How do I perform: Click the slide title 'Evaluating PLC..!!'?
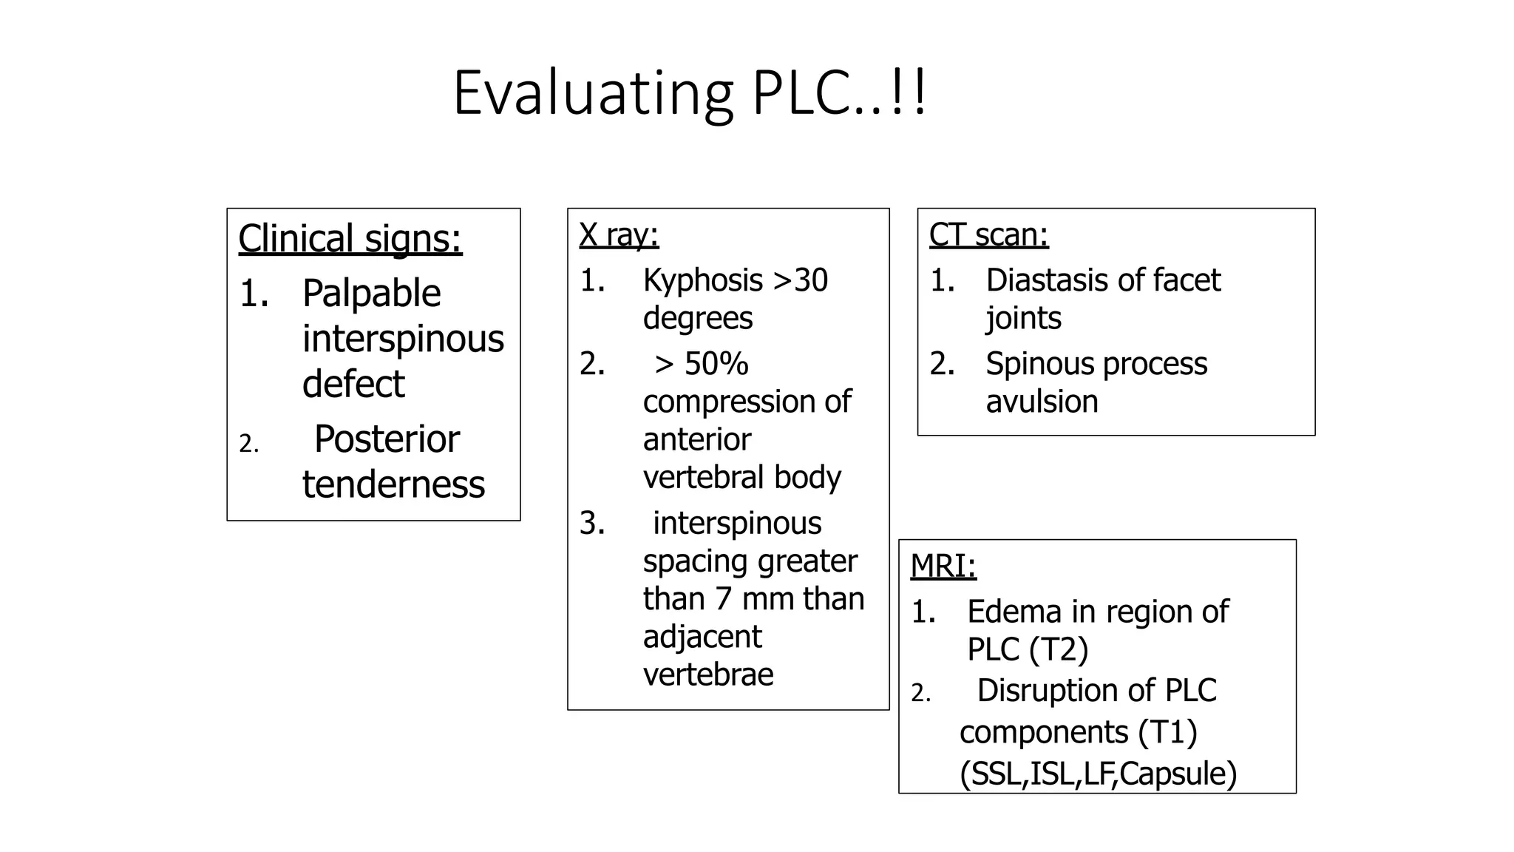(x=690, y=94)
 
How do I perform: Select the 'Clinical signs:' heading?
(x=350, y=239)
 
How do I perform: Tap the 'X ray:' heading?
(x=619, y=235)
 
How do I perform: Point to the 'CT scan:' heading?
(x=988, y=234)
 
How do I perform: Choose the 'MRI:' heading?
(x=943, y=566)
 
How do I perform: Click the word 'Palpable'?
(x=371, y=294)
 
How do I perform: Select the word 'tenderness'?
(x=393, y=485)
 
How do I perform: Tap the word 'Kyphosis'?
(x=703, y=281)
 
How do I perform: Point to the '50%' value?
(x=716, y=364)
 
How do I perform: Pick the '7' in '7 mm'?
(x=724, y=599)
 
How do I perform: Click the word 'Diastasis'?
(x=1046, y=280)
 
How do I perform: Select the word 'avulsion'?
(x=1042, y=402)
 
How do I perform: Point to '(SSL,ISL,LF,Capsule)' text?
(x=1099, y=774)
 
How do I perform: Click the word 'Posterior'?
(x=387, y=439)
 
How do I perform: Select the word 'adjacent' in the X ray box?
(x=702, y=637)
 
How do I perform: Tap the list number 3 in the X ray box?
(x=591, y=524)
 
